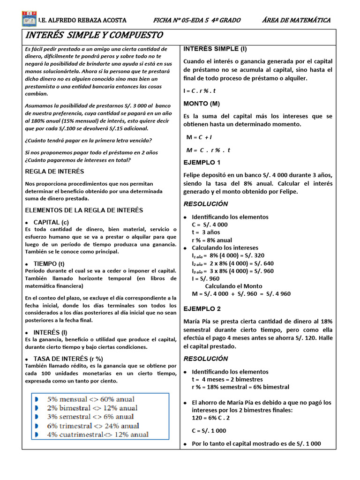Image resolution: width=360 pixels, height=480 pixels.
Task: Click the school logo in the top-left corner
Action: click(x=29, y=20)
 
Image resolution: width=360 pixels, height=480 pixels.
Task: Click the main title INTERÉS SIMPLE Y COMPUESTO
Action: click(x=94, y=36)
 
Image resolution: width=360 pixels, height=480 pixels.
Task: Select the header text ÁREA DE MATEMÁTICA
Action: click(x=296, y=20)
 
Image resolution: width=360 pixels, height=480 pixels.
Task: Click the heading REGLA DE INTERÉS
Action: click(x=54, y=172)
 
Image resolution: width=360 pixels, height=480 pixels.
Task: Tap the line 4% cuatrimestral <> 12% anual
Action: click(x=97, y=435)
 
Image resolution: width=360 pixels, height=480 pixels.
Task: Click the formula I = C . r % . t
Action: click(x=200, y=90)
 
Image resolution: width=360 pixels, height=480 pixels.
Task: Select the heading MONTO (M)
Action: click(x=202, y=103)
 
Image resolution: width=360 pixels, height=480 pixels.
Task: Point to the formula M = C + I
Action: click(x=199, y=137)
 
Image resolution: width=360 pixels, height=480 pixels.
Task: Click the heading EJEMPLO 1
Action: click(x=202, y=163)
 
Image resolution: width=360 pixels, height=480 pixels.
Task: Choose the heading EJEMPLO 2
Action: click(x=202, y=309)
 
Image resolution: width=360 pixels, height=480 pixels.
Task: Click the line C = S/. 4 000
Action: click(x=210, y=225)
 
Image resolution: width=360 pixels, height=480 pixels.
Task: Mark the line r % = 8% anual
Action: click(x=212, y=240)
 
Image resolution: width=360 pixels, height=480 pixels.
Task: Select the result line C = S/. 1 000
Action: click(x=209, y=430)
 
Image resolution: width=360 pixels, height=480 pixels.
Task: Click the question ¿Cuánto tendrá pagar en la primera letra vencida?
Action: click(x=88, y=140)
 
